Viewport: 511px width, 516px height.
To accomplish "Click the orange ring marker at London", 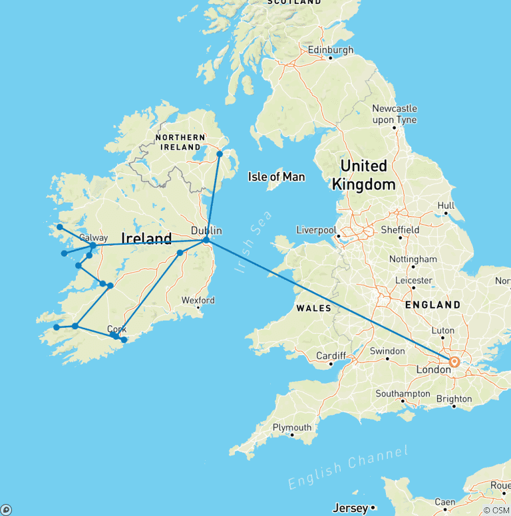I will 454,362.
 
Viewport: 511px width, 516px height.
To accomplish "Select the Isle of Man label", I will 276,177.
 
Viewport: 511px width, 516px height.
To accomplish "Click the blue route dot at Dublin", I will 206,240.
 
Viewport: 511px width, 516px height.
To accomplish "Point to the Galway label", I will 93,237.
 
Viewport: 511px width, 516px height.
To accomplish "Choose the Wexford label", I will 198,301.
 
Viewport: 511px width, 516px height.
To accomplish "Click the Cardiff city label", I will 331,356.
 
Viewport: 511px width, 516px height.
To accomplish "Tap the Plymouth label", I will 291,428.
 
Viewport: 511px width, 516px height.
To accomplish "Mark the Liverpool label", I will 316,230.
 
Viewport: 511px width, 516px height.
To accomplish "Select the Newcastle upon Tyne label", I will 395,114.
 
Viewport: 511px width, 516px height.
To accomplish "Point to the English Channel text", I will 348,469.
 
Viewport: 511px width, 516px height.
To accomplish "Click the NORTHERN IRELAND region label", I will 179,142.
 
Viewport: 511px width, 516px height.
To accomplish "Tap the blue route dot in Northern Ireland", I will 220,154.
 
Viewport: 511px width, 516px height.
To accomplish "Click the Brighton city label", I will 454,399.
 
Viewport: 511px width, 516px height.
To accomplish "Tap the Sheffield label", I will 400,229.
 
